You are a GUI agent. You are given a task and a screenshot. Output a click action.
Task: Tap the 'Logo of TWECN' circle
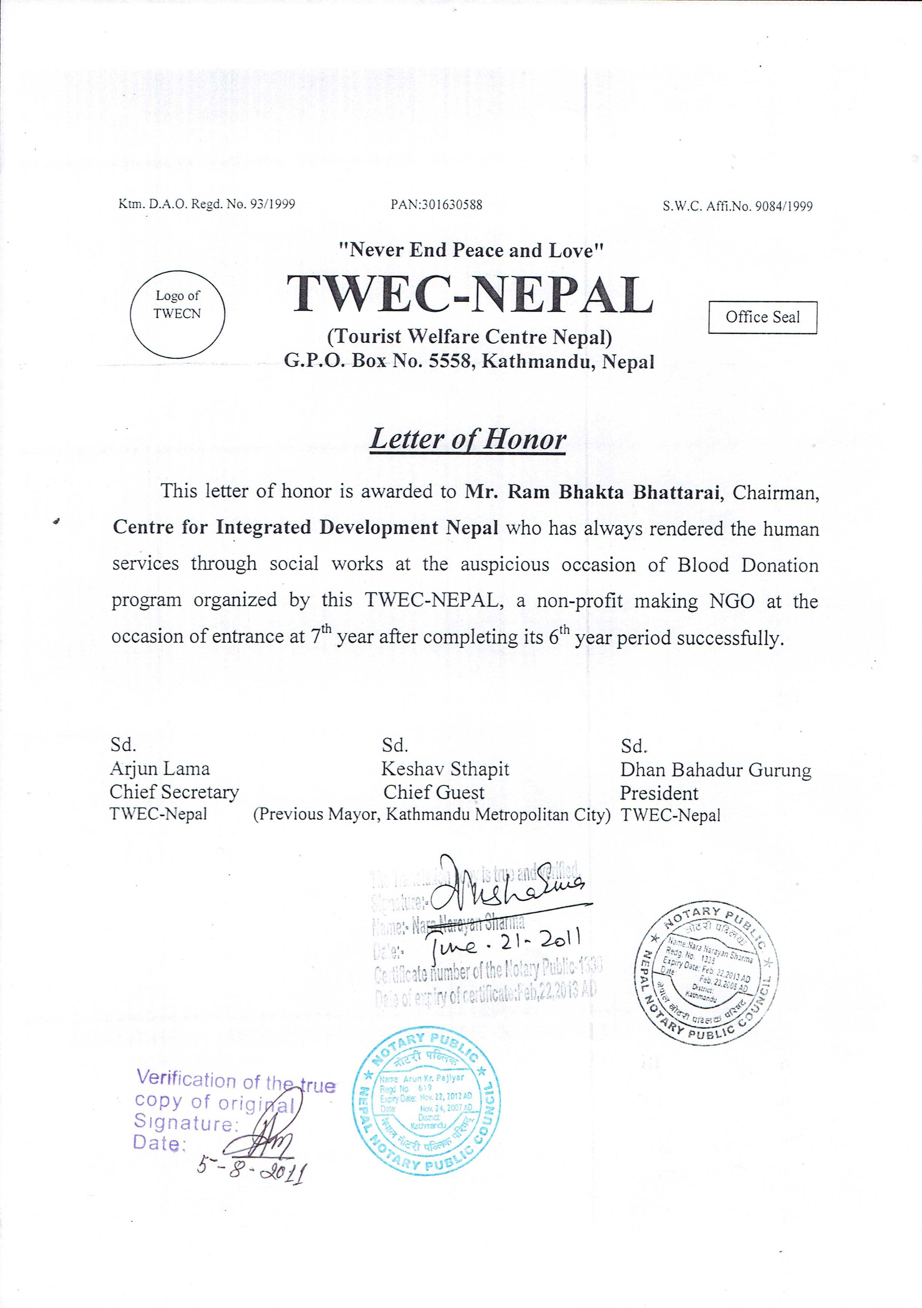pos(177,313)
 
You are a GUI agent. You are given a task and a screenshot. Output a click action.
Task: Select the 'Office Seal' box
pos(762,317)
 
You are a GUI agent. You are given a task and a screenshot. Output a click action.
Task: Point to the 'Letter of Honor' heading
pos(467,440)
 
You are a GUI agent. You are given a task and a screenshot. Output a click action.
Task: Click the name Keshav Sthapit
pos(445,769)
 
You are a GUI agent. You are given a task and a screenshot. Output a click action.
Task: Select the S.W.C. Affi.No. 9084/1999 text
pos(737,206)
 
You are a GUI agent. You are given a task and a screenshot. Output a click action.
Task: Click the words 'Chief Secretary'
pos(174,792)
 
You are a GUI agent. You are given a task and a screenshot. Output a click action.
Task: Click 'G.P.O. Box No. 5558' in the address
pos(378,362)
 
